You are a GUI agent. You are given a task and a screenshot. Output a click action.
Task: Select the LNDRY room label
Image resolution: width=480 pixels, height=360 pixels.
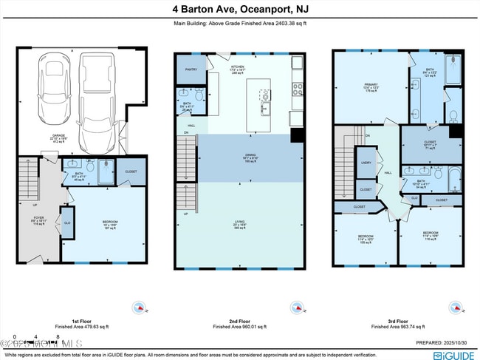pos(366,163)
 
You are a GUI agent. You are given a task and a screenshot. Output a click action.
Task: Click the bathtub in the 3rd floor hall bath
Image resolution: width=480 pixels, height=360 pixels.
pos(451,178)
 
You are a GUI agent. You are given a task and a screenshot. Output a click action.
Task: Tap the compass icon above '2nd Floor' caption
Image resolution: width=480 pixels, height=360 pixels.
pos(297,307)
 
